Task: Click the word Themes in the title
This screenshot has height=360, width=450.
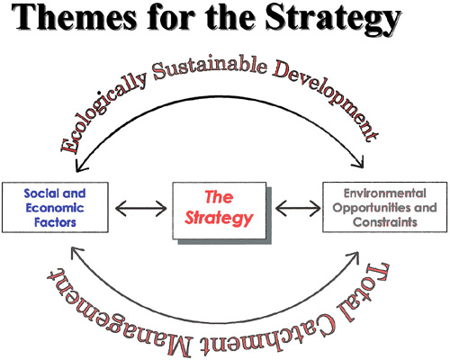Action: pyautogui.click(x=73, y=17)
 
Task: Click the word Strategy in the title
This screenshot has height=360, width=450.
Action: pyautogui.click(x=333, y=19)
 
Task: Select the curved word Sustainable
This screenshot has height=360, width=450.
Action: pyautogui.click(x=210, y=68)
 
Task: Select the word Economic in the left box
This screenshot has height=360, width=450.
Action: pyautogui.click(x=55, y=208)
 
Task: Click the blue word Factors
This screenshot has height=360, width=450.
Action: pyautogui.click(x=55, y=222)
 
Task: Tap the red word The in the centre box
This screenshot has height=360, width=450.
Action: pyautogui.click(x=219, y=197)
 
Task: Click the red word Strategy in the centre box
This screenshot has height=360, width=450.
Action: pyautogui.click(x=219, y=218)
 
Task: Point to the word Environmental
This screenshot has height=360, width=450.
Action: pyautogui.click(x=384, y=193)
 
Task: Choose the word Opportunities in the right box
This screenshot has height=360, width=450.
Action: pyautogui.click(x=368, y=208)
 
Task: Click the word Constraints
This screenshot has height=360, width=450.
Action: pyautogui.click(x=385, y=222)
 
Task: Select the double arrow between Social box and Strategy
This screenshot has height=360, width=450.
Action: pyautogui.click(x=140, y=208)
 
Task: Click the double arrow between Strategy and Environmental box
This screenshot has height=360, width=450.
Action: pyautogui.click(x=298, y=208)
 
